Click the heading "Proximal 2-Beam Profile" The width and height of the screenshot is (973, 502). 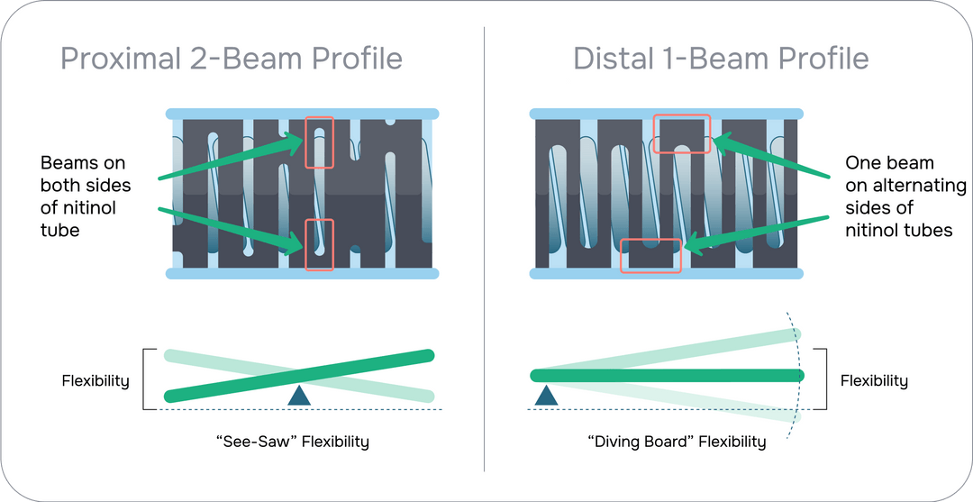coord(232,59)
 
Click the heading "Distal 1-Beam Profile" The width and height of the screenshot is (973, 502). coord(721,59)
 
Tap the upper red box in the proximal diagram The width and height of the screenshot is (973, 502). coord(319,142)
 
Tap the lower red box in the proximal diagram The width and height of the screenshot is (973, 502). coord(319,244)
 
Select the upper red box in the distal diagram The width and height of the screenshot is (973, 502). coord(681,133)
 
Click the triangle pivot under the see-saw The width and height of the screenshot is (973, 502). coord(299,396)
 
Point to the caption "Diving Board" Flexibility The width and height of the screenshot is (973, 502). coord(676,442)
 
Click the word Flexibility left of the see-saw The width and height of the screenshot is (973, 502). coord(95,380)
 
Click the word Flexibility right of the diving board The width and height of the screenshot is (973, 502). coord(874,380)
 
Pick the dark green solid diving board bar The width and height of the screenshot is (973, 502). coord(667,375)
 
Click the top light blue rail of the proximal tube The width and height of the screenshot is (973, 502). coord(302,114)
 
